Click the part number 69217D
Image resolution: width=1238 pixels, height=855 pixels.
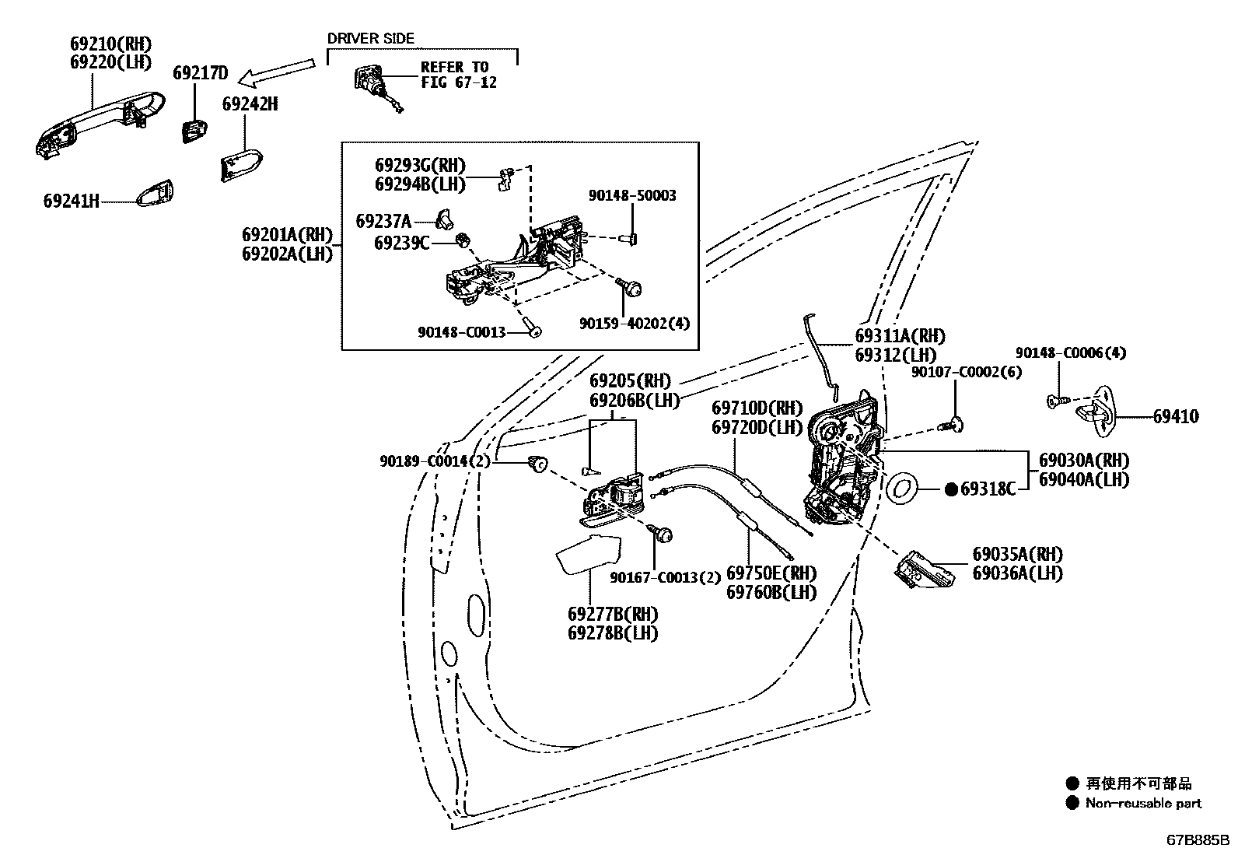(200, 73)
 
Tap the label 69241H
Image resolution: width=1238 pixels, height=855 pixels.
(72, 201)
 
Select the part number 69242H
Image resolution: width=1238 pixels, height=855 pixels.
(250, 103)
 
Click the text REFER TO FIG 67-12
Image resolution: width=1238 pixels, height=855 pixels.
(458, 75)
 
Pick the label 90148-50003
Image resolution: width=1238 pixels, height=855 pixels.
(631, 196)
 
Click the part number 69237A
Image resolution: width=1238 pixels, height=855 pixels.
(383, 221)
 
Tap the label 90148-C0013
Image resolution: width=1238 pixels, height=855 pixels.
(461, 332)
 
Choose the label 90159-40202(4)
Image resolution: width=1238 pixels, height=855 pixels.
(634, 324)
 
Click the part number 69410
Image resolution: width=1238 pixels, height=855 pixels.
(1175, 417)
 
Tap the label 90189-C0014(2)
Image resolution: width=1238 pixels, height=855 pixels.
(435, 461)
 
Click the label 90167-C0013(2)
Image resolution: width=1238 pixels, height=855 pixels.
(666, 577)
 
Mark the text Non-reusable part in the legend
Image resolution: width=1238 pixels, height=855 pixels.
(1143, 804)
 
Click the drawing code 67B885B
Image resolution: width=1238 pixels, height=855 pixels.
(1197, 840)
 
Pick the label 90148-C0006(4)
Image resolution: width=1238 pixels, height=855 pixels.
(1070, 353)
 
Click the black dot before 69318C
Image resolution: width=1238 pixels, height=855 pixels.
(950, 489)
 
